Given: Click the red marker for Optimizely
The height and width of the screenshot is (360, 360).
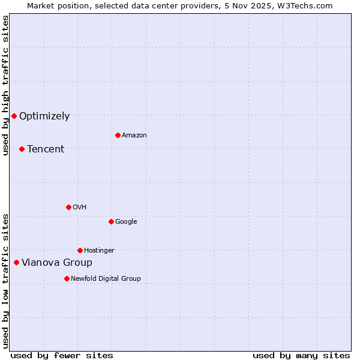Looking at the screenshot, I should pyautogui.click(x=14, y=116).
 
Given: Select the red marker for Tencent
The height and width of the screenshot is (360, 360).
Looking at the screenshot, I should pyautogui.click(x=22, y=149).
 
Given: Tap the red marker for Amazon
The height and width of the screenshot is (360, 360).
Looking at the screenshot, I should pyautogui.click(x=118, y=135).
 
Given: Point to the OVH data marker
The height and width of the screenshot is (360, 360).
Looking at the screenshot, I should pyautogui.click(x=68, y=207).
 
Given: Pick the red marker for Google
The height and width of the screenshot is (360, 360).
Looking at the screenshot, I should pyautogui.click(x=111, y=221).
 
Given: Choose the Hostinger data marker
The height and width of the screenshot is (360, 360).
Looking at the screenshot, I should pyautogui.click(x=80, y=250).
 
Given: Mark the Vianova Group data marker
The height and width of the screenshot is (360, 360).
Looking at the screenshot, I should pyautogui.click(x=16, y=262).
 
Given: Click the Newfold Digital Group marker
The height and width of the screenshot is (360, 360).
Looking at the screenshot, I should pyautogui.click(x=67, y=278).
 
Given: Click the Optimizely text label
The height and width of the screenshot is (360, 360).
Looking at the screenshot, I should pyautogui.click(x=44, y=116).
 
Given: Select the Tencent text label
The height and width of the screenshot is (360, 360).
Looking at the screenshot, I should pyautogui.click(x=46, y=149).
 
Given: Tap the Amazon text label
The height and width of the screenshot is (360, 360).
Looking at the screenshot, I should pyautogui.click(x=134, y=136).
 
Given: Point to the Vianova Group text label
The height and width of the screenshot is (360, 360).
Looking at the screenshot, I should pyautogui.click(x=57, y=263).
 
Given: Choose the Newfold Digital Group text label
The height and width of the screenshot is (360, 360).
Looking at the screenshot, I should pyautogui.click(x=106, y=278).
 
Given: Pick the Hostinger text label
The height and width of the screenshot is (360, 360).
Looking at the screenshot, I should pyautogui.click(x=99, y=250).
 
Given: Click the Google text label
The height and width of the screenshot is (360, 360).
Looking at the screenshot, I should pyautogui.click(x=126, y=221).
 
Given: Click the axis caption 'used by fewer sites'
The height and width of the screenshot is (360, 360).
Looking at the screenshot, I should pyautogui.click(x=62, y=355).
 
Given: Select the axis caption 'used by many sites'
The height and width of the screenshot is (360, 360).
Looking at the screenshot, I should pyautogui.click(x=301, y=355).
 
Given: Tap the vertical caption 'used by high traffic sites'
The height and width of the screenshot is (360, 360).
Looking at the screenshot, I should pyautogui.click(x=5, y=85).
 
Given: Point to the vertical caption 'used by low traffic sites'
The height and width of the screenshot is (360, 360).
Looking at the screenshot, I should pyautogui.click(x=5, y=281).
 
